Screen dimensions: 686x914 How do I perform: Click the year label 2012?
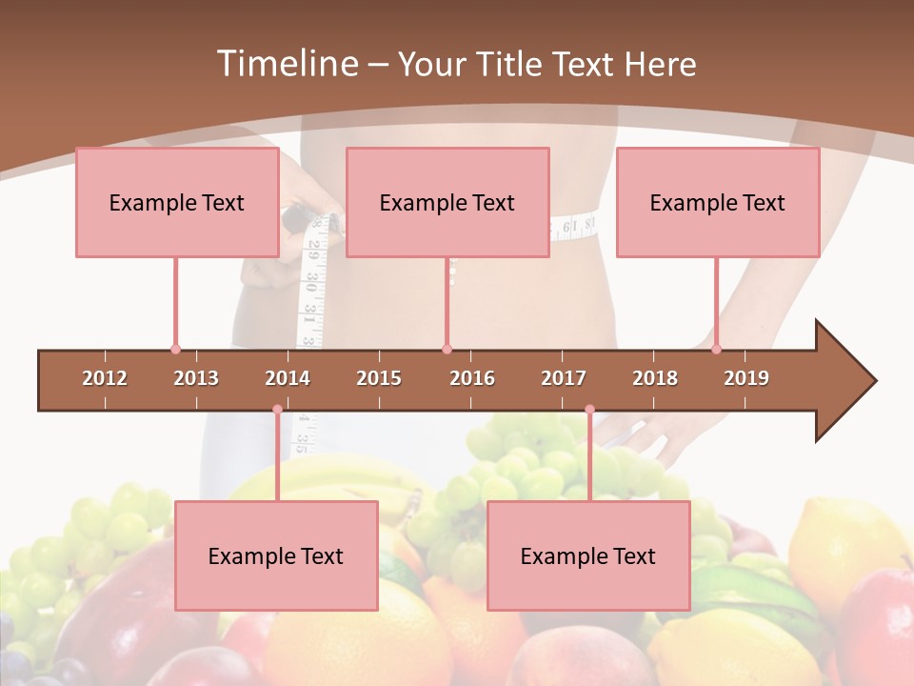tap(105, 378)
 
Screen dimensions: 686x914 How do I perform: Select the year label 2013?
tap(196, 378)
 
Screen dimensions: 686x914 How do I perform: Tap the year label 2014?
tap(288, 378)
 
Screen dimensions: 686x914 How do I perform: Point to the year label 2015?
tap(379, 378)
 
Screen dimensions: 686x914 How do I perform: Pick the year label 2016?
tap(472, 378)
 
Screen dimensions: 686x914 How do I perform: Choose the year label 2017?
tap(564, 378)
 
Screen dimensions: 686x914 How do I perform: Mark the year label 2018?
tap(655, 378)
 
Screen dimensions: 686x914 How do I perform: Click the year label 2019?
tap(746, 378)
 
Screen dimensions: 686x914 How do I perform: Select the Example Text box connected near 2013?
tap(177, 202)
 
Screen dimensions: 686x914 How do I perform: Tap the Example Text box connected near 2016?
tap(447, 202)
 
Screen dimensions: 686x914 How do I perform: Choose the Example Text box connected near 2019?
tap(718, 202)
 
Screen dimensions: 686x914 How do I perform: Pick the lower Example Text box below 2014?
tap(276, 555)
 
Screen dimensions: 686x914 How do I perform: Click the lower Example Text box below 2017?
tap(588, 555)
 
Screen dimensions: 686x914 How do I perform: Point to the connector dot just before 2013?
tap(175, 349)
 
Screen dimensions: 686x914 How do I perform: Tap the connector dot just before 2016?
tap(447, 349)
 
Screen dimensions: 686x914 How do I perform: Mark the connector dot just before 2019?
tap(716, 349)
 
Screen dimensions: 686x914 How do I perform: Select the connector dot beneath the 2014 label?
tap(277, 410)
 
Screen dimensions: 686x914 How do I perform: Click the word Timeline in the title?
tap(286, 64)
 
